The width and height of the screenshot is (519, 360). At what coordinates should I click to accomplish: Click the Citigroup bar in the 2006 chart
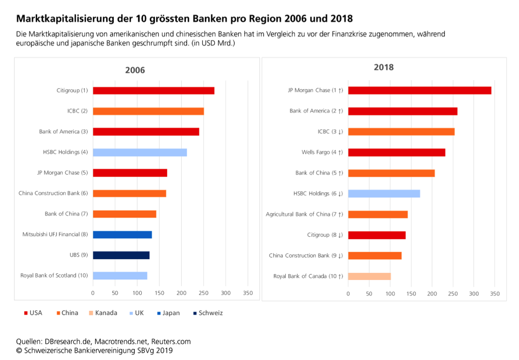click(x=153, y=91)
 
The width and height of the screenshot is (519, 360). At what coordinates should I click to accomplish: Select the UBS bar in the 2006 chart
click(x=121, y=255)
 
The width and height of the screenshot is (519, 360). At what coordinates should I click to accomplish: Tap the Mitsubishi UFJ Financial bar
click(x=122, y=235)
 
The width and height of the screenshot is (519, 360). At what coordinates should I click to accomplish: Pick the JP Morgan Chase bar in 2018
click(x=419, y=91)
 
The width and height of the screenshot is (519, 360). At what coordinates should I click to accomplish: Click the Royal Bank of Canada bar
click(x=369, y=276)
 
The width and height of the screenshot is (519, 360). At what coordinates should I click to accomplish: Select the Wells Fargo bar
click(x=397, y=152)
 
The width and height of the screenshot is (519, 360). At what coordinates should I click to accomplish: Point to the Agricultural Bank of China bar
click(x=378, y=214)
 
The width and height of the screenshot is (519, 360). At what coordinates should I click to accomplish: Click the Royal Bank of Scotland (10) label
click(x=54, y=276)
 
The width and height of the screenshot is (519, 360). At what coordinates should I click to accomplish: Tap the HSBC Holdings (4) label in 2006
click(x=65, y=152)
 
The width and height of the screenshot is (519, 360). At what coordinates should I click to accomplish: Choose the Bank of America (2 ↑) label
click(x=316, y=111)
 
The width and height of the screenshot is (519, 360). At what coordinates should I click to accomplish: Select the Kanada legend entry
click(x=106, y=313)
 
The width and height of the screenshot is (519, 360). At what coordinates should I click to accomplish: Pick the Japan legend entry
click(x=171, y=313)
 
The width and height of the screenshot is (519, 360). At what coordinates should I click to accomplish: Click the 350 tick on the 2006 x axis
click(x=248, y=293)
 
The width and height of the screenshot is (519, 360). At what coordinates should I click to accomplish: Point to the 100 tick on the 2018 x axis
click(x=390, y=293)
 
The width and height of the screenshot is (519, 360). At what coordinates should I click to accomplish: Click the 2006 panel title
click(x=135, y=70)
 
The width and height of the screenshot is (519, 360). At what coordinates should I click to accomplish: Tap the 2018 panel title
click(x=384, y=67)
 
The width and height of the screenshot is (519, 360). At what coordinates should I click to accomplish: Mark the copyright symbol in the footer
click(x=19, y=351)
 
